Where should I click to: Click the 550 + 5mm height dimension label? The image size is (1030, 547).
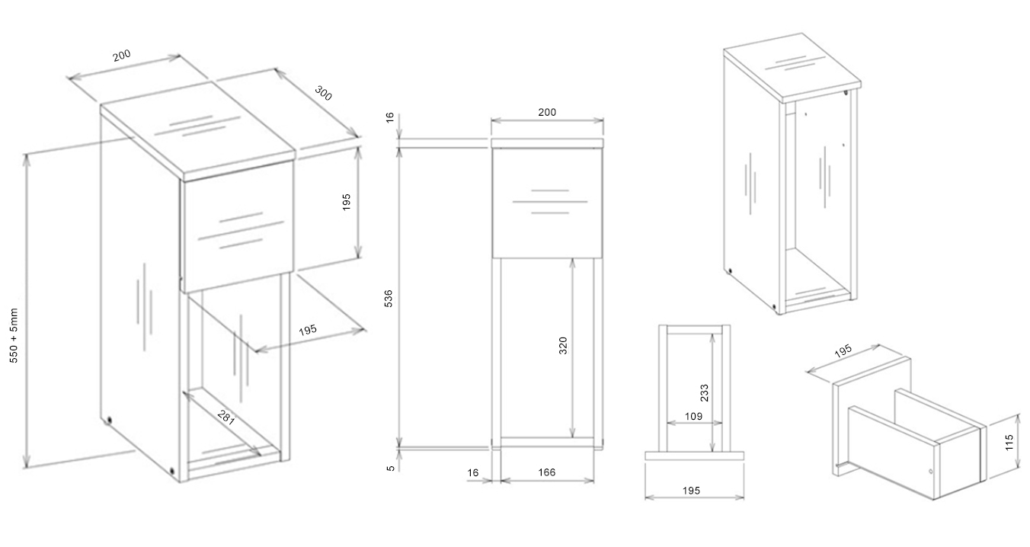[x=14, y=335]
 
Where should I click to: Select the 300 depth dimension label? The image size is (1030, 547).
[x=323, y=93]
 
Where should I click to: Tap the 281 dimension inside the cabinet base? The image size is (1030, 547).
[x=226, y=417]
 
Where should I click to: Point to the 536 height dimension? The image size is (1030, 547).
[x=389, y=299]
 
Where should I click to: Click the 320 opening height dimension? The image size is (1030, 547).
[x=563, y=346]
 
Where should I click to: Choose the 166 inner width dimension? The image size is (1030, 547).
[x=547, y=472]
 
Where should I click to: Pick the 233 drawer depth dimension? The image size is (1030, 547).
[x=704, y=393]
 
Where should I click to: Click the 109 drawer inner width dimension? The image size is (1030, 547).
[x=693, y=416]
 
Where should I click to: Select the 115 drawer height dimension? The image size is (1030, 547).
[x=1009, y=442]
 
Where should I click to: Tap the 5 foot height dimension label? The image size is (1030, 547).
[x=390, y=469]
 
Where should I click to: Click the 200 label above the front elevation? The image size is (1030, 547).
[x=547, y=112]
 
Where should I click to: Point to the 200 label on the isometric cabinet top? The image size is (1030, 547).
[x=122, y=56]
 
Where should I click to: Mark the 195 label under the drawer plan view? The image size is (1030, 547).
[x=691, y=491]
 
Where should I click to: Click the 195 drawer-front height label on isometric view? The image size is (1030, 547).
[x=346, y=202]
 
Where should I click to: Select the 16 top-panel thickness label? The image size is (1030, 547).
[x=389, y=117]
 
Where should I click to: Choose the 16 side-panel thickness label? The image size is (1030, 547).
[x=472, y=472]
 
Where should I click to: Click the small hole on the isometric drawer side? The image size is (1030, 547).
[x=931, y=471]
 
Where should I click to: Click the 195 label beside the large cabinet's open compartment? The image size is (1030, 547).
[x=308, y=330]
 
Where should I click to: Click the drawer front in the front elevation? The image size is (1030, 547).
[x=547, y=203]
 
